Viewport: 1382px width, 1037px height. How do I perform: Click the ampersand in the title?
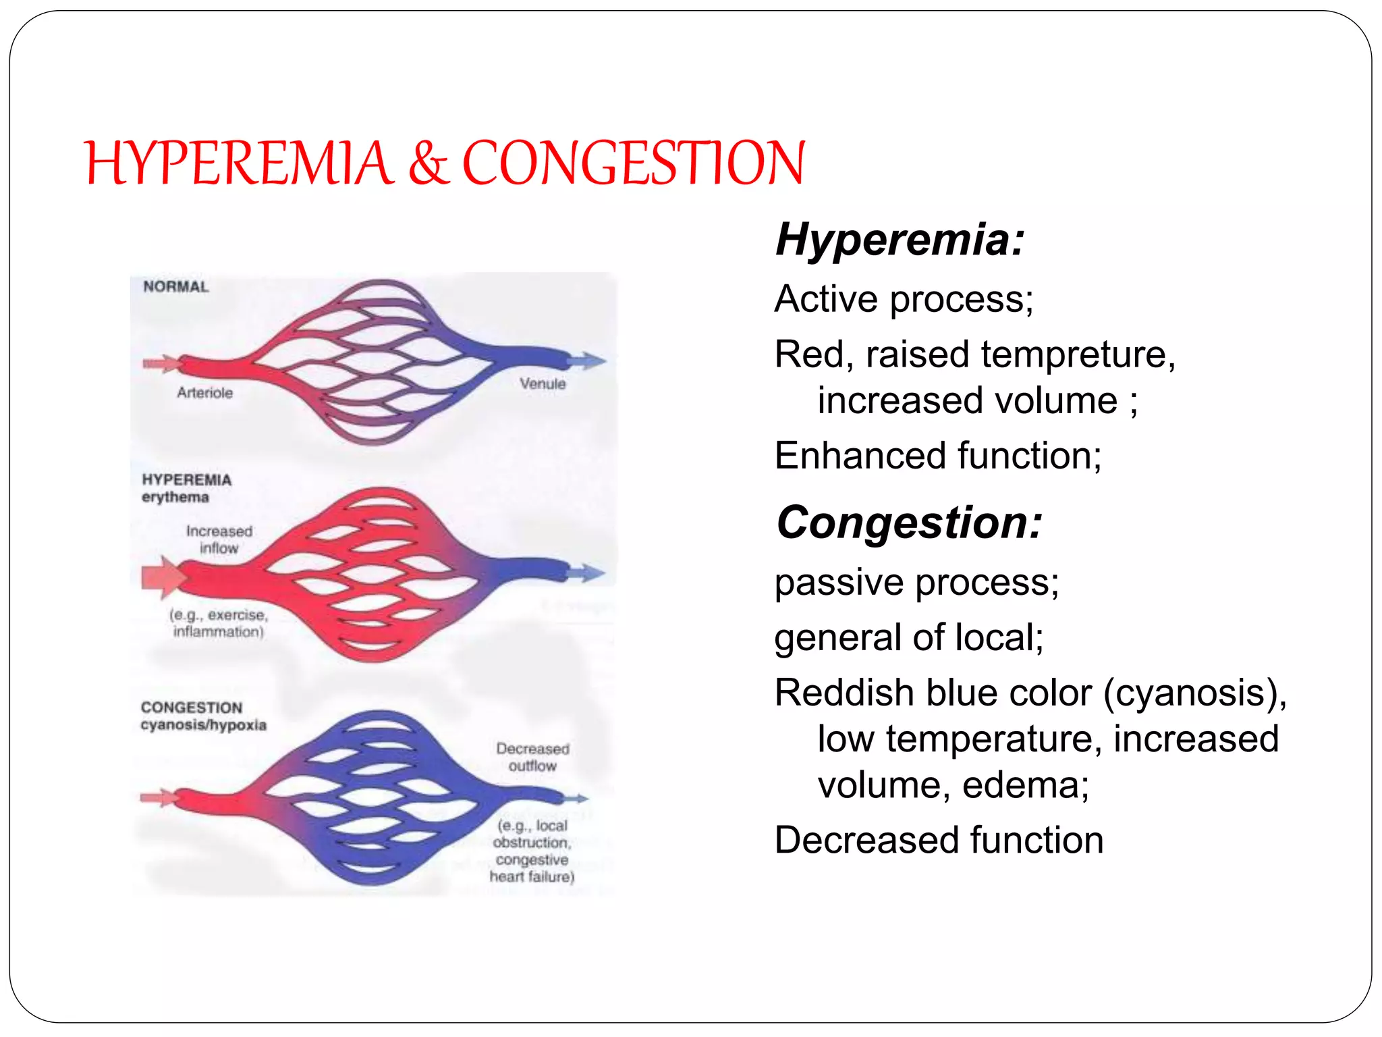pyautogui.click(x=428, y=164)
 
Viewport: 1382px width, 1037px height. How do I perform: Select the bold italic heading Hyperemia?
pyautogui.click(x=900, y=240)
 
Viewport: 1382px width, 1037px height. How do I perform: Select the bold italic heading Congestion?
pyautogui.click(x=909, y=523)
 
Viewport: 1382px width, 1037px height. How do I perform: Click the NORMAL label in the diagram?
pyautogui.click(x=176, y=286)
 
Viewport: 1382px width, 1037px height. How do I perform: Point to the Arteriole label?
pyautogui.click(x=204, y=392)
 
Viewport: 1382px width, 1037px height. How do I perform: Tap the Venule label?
pyautogui.click(x=543, y=383)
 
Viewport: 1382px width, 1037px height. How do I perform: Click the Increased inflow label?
pyautogui.click(x=219, y=539)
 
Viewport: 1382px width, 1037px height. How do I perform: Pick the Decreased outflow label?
pyautogui.click(x=532, y=757)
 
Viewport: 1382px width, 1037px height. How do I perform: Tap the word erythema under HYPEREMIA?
pyautogui.click(x=175, y=497)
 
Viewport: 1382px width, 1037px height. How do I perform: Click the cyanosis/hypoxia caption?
pyautogui.click(x=203, y=725)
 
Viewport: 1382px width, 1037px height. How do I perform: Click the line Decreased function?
pyautogui.click(x=939, y=841)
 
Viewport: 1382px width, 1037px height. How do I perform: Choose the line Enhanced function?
pyautogui.click(x=938, y=456)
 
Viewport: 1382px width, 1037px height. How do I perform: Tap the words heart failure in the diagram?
pyautogui.click(x=532, y=876)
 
